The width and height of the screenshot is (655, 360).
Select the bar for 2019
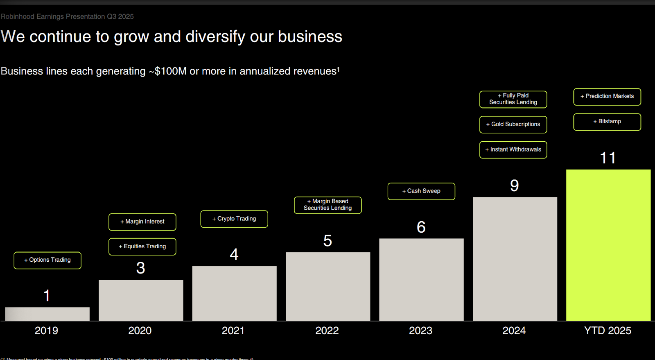[x=47, y=314]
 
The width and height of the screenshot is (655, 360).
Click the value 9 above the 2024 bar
[x=515, y=186]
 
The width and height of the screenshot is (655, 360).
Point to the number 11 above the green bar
[x=608, y=158]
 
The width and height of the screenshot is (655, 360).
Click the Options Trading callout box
[x=47, y=260]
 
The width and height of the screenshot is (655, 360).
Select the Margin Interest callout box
[x=142, y=222]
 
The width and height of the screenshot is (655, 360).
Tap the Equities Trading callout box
[x=142, y=247]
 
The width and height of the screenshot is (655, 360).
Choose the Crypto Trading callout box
[x=234, y=219]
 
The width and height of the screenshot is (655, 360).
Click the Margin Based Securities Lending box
[x=327, y=205]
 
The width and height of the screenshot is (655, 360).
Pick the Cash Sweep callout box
[x=421, y=191]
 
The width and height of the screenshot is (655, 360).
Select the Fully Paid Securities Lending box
[x=513, y=99]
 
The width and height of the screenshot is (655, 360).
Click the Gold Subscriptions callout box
[x=513, y=125]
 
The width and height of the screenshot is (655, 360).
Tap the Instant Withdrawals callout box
[x=513, y=149]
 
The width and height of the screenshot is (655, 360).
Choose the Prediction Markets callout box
[x=607, y=97]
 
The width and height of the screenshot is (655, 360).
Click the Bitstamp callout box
[x=607, y=122]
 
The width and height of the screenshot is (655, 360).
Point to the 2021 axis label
[x=233, y=331]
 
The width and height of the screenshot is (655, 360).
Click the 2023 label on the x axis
[x=420, y=331]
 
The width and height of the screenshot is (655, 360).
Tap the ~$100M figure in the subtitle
[x=167, y=71]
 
